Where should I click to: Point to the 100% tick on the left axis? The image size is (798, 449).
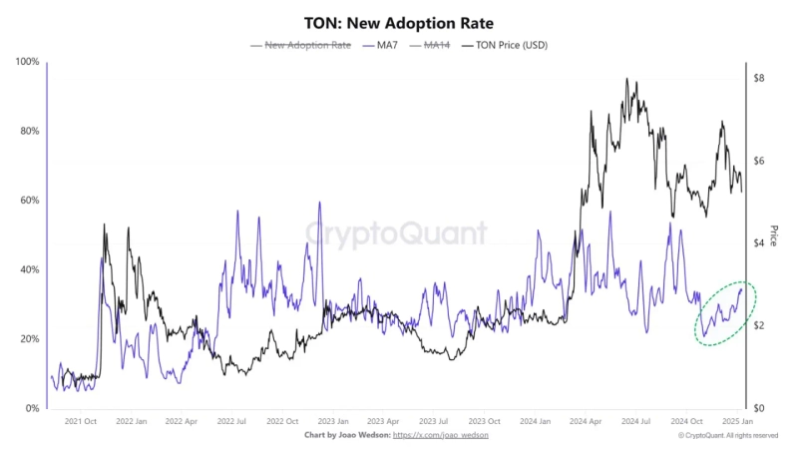pos(27,62)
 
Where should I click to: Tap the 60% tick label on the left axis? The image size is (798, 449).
pos(29,201)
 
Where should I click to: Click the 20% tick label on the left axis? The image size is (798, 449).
pos(29,339)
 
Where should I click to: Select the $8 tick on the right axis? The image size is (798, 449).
pos(759,78)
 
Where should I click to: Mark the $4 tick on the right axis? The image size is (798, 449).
pos(759,243)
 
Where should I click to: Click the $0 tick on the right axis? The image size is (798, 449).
pos(759,409)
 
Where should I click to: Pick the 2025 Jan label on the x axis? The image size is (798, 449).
pos(739,422)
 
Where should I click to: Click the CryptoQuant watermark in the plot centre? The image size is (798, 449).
pos(396,233)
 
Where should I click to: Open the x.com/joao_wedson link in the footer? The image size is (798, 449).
pos(441,436)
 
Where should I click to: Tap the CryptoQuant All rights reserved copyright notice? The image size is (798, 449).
pos(728,436)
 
